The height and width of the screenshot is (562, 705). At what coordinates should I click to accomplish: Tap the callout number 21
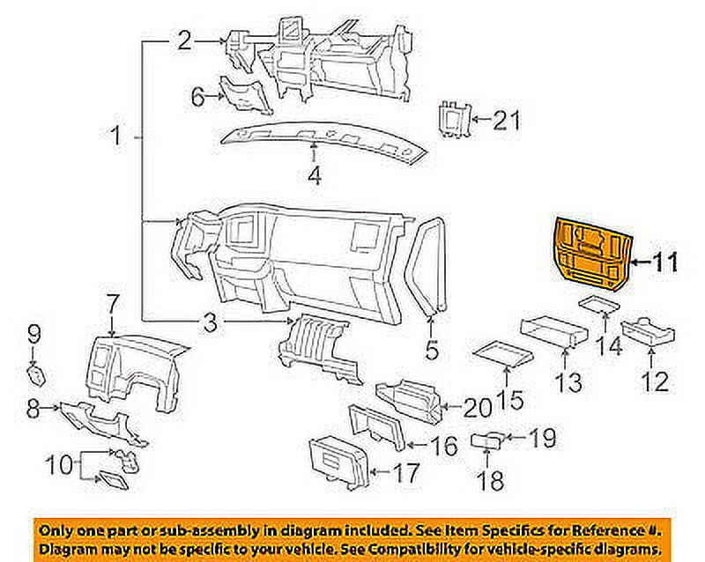(507, 121)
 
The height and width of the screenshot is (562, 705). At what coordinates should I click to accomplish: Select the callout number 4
(315, 175)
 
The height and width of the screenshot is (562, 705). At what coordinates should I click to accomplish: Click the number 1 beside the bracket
(116, 135)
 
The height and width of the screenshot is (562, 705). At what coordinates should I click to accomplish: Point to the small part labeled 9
(36, 376)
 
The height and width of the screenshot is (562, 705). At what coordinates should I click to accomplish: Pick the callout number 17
(406, 473)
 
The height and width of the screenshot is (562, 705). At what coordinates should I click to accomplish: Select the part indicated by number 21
(455, 119)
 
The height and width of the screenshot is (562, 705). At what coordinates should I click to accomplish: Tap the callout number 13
(568, 382)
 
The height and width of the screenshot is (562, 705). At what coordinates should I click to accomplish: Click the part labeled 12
(648, 335)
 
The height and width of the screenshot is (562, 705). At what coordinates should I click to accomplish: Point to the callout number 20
(479, 408)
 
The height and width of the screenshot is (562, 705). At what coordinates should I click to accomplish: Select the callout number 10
(59, 464)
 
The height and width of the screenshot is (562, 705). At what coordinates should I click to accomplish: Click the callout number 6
(198, 97)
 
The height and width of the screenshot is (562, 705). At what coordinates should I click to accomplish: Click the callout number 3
(211, 322)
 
